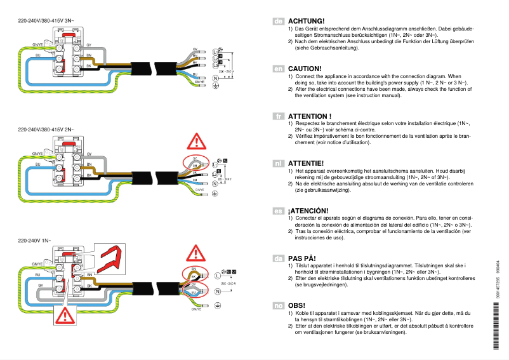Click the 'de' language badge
[x=278, y=21]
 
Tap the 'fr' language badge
[x=278, y=116]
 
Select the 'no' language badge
[x=278, y=306]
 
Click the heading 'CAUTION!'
[x=305, y=68]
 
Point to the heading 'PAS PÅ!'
[x=302, y=258]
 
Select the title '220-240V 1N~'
[x=37, y=241]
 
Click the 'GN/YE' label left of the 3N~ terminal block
[x=37, y=45]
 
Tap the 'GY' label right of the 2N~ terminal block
[x=89, y=155]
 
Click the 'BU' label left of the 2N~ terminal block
[x=37, y=164]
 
